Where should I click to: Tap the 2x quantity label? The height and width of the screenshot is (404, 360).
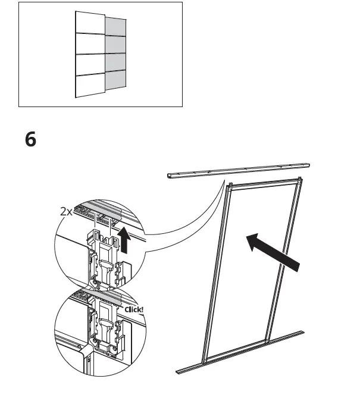(x=67, y=211)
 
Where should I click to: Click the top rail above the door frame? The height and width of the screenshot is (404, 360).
(x=238, y=170)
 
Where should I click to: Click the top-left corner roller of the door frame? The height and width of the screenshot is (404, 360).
(x=229, y=184)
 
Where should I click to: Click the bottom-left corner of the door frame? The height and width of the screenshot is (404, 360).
(x=204, y=360)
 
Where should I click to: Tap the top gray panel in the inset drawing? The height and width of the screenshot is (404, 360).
(x=115, y=27)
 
